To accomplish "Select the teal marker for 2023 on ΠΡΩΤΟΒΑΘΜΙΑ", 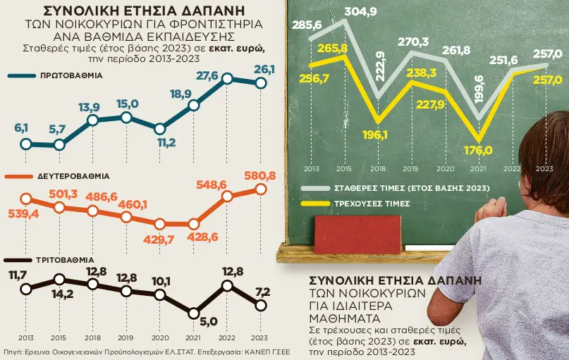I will (x=261, y=82).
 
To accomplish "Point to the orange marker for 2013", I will (x=26, y=199).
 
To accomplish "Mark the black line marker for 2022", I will (x=227, y=285).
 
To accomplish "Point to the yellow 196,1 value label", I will (x=379, y=134).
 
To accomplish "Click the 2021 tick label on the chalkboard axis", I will (x=479, y=169).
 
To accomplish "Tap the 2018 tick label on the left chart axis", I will (x=92, y=337).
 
